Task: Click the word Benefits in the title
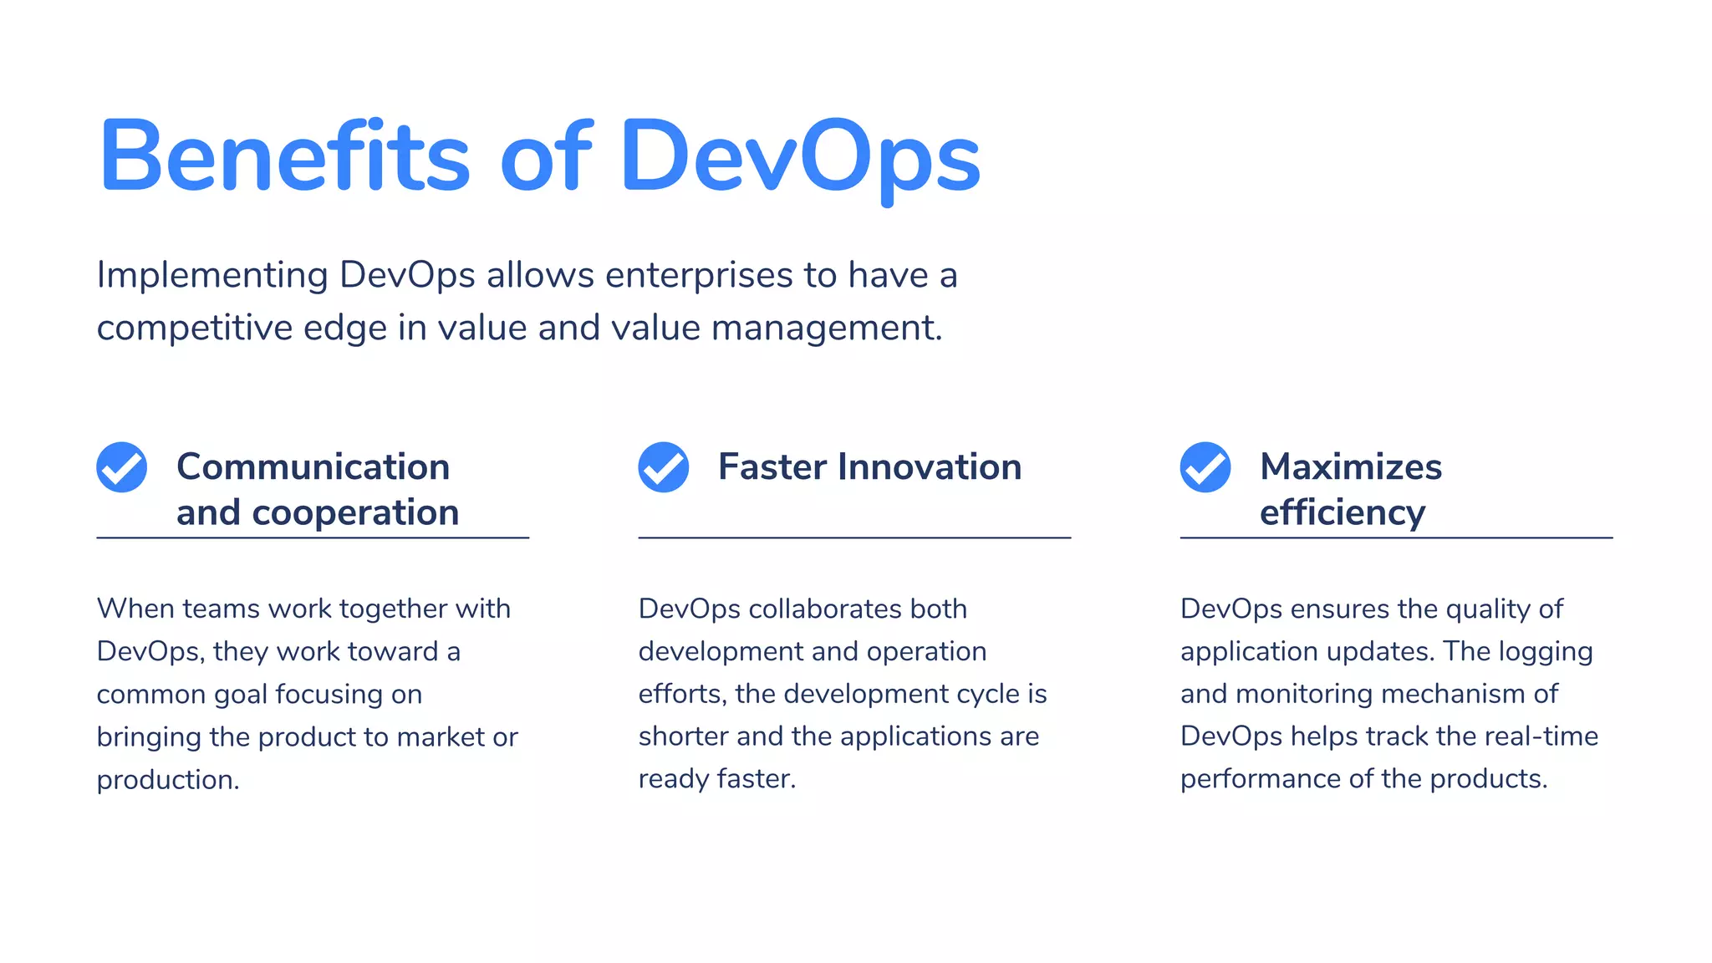click(x=285, y=157)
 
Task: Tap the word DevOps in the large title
click(x=800, y=157)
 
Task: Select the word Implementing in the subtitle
click(x=212, y=276)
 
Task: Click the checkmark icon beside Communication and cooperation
click(x=122, y=467)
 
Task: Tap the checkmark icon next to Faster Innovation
click(x=664, y=467)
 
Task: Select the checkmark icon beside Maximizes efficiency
click(x=1205, y=467)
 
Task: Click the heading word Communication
click(x=313, y=466)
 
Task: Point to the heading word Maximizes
click(x=1351, y=466)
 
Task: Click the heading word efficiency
click(x=1343, y=512)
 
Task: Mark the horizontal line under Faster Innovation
click(x=854, y=538)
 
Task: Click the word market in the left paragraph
click(x=441, y=736)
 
